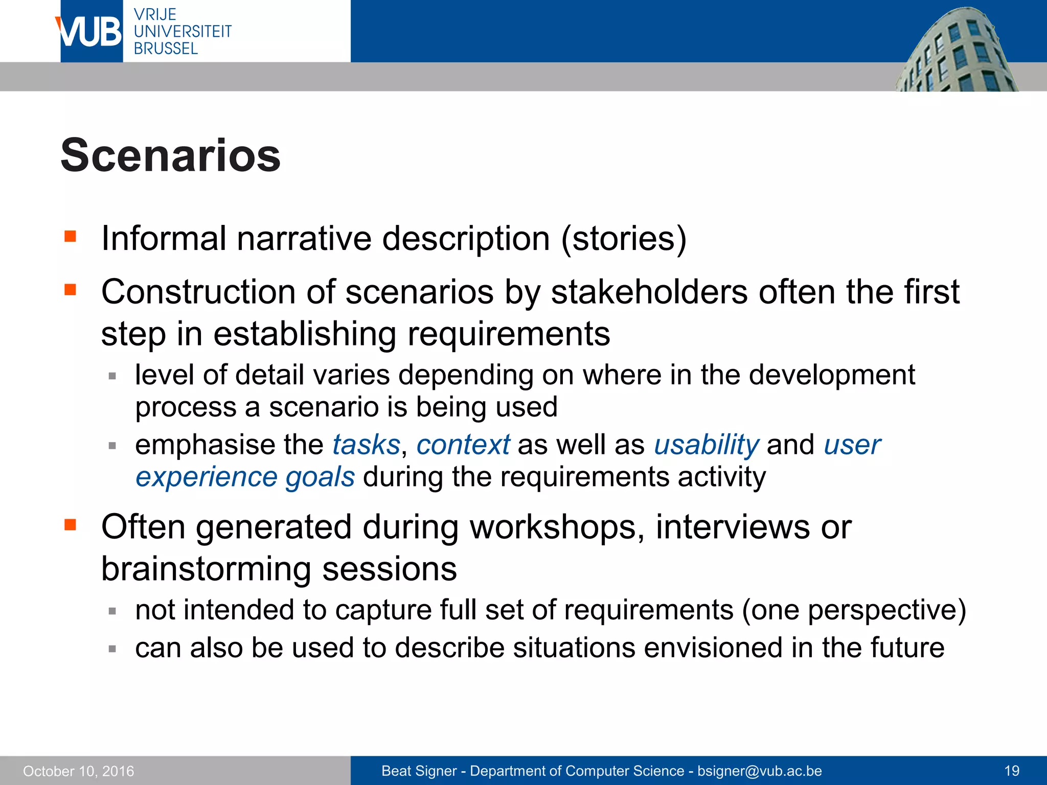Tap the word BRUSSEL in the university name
click(x=165, y=49)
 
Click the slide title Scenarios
click(x=170, y=155)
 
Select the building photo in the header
click(x=956, y=51)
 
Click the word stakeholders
click(x=650, y=292)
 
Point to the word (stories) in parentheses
click(x=624, y=239)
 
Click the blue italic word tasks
click(x=366, y=445)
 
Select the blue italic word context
click(x=463, y=445)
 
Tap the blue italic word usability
click(x=707, y=445)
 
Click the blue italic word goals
click(x=320, y=477)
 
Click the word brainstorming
click(x=206, y=569)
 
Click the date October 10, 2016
click(x=78, y=771)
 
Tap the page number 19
click(x=1012, y=771)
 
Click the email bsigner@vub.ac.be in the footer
click(x=760, y=771)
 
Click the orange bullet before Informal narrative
click(x=70, y=236)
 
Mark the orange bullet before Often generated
click(x=70, y=524)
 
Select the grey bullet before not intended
click(x=112, y=611)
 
